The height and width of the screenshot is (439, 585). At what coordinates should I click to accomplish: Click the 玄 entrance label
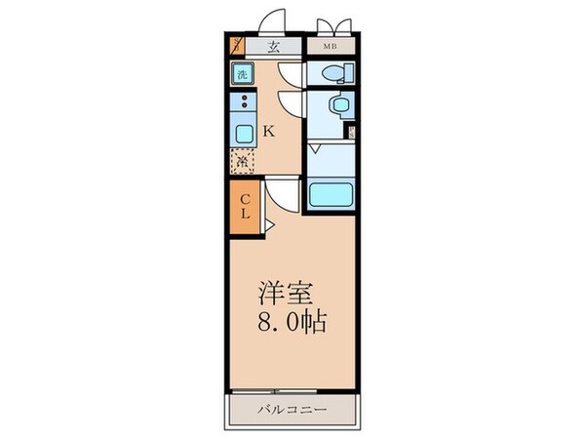click(275, 45)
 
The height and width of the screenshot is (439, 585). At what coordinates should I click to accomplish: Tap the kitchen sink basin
click(242, 131)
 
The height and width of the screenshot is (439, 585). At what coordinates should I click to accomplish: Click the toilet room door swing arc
click(292, 74)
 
